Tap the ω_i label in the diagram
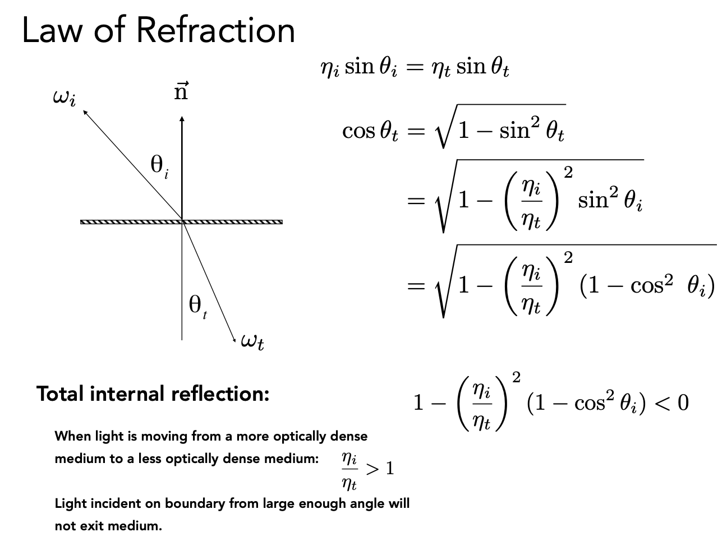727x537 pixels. click(x=63, y=98)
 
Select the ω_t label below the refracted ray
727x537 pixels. click(x=252, y=340)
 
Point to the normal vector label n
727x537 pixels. click(x=181, y=91)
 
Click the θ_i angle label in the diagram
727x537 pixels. click(x=159, y=165)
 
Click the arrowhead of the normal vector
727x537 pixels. click(x=182, y=119)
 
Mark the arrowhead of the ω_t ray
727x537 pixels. click(x=234, y=337)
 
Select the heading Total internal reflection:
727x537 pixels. click(x=153, y=394)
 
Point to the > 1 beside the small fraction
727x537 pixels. click(x=379, y=469)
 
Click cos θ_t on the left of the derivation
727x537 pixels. click(x=370, y=131)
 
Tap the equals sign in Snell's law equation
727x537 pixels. click(x=414, y=68)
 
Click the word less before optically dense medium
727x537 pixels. click(x=150, y=459)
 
